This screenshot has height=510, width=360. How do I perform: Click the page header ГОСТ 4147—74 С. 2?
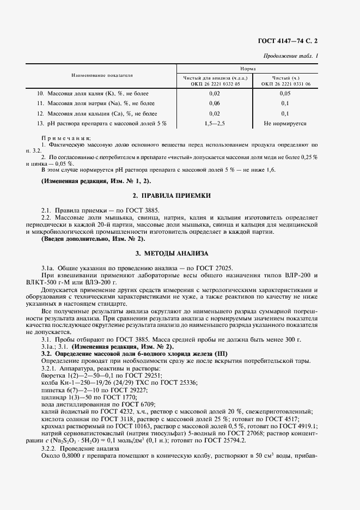294,41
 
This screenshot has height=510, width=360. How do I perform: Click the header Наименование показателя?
101,75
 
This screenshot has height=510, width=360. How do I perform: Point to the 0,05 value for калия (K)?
284,93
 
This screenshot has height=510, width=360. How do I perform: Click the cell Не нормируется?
285,124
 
